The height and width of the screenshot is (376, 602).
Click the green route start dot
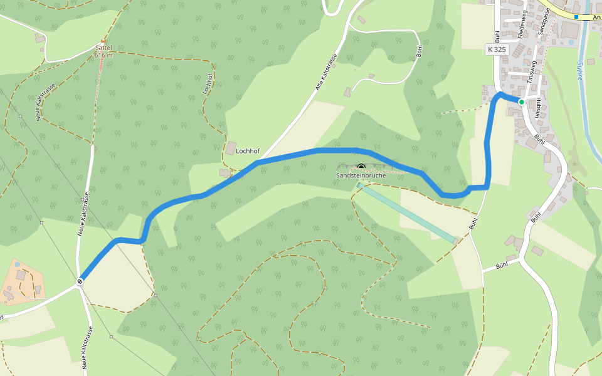pyautogui.click(x=521, y=102)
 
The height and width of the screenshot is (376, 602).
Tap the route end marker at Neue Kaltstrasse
pyautogui.click(x=80, y=281)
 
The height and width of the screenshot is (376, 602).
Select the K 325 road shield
pyautogui.click(x=496, y=49)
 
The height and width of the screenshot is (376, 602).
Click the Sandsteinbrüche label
pyautogui.click(x=361, y=175)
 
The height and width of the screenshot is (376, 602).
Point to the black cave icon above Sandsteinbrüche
pyautogui.click(x=361, y=167)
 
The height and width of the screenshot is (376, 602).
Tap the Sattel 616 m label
pyautogui.click(x=103, y=51)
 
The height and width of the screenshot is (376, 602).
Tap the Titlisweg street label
pyautogui.click(x=532, y=71)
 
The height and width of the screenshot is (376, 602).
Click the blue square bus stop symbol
pyautogui.click(x=576, y=17)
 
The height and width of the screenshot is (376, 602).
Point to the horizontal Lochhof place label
pyautogui.click(x=248, y=151)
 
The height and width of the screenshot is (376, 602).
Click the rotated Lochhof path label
pyautogui.click(x=208, y=83)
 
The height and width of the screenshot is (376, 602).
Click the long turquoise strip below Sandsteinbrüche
pyautogui.click(x=408, y=213)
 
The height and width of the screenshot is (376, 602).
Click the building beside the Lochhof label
pyautogui.click(x=230, y=149)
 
